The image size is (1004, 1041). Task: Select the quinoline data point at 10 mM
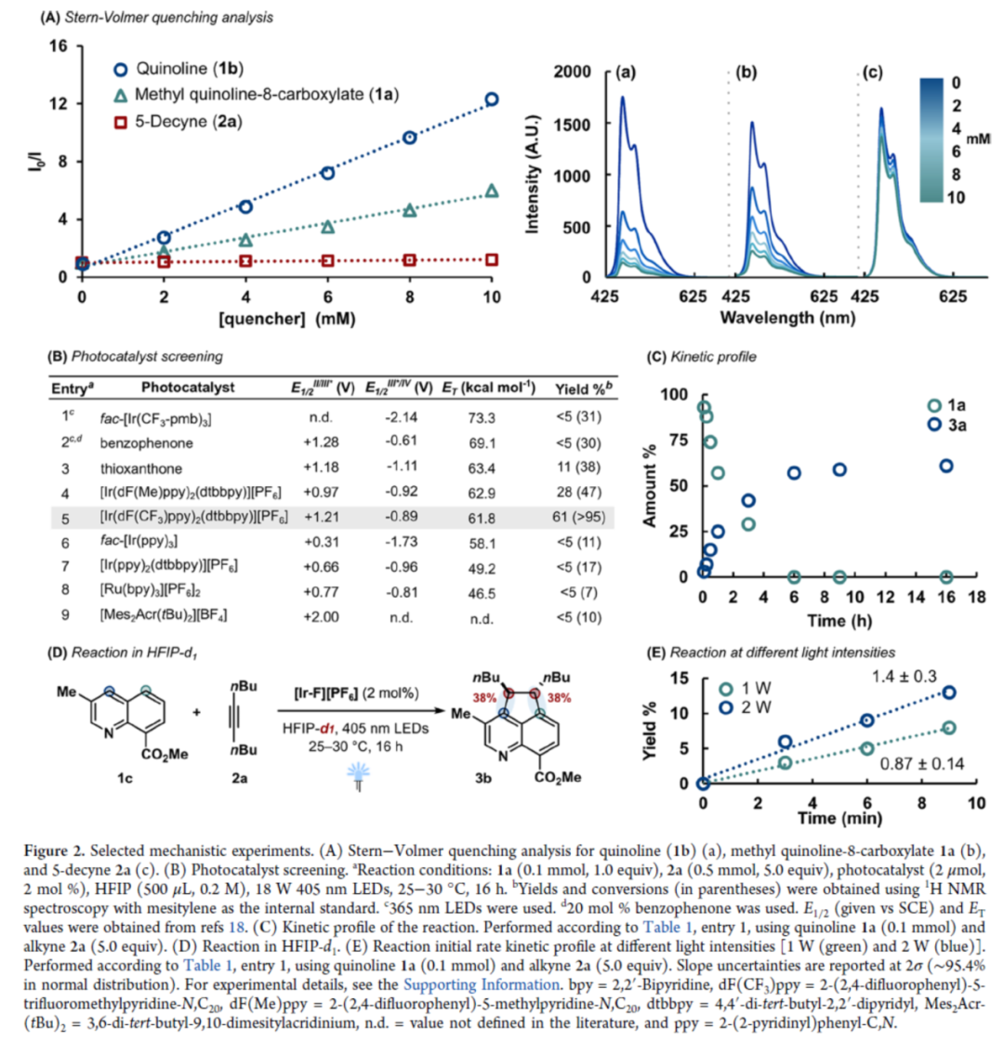492,99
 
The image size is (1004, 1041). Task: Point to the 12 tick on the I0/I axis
60,103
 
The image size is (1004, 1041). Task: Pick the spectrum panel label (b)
746,72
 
